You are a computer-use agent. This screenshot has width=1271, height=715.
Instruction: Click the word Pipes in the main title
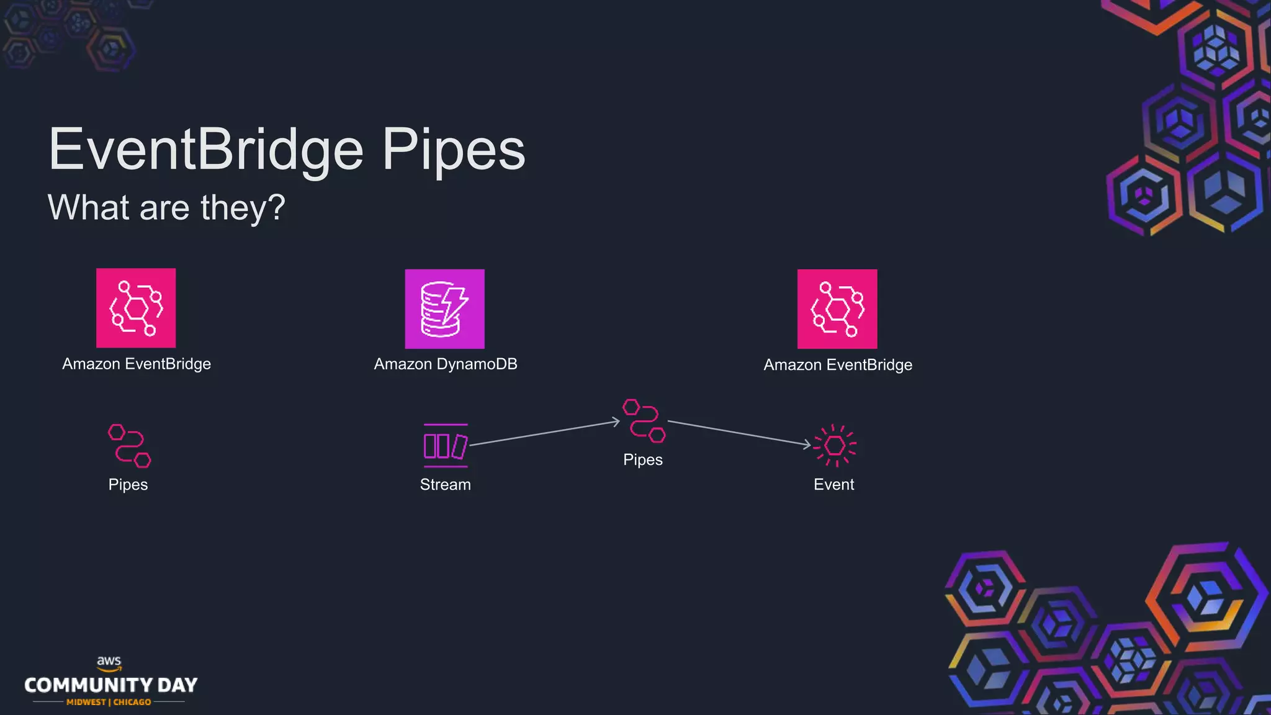453,150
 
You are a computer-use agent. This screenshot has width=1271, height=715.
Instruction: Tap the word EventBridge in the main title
206,150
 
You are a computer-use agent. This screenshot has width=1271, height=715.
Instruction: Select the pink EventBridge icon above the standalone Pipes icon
136,308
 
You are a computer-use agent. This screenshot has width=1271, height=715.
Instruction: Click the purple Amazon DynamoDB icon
444,308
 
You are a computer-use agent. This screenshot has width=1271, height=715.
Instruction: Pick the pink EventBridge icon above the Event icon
837,308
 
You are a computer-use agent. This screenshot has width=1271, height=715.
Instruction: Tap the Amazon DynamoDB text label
446,364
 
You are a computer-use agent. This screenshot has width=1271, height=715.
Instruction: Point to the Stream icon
445,445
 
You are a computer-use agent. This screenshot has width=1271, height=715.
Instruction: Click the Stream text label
445,485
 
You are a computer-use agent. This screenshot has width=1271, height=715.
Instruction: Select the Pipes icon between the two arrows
644,421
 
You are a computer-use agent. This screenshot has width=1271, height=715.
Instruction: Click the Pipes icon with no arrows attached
129,445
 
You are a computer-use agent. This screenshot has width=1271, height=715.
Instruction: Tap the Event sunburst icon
835,445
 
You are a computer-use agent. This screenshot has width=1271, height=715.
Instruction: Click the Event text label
833,485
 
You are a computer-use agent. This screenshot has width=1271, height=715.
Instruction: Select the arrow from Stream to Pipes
544,433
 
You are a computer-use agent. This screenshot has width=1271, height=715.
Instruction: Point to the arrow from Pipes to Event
739,433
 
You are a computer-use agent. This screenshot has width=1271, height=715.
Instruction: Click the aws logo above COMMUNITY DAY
109,663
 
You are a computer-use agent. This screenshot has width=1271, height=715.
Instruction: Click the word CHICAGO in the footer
132,702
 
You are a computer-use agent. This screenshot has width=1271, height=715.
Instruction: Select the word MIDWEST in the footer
86,702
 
